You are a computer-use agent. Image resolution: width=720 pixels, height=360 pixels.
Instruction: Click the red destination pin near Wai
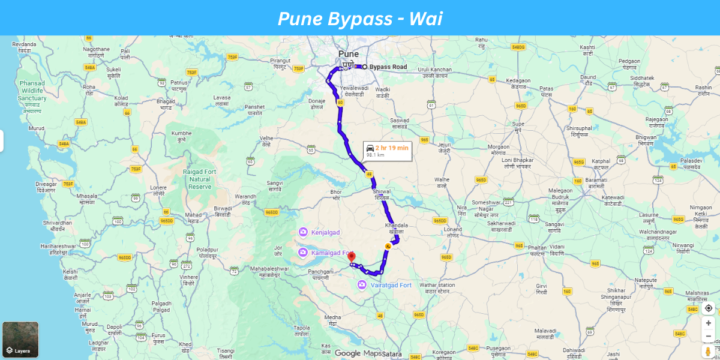tap(352, 257)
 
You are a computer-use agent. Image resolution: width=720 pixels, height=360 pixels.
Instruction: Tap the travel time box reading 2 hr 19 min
tap(387, 151)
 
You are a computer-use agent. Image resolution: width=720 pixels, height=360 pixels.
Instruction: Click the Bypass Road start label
tap(388, 67)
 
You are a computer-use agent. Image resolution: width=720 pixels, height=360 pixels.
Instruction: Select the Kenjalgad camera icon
tap(304, 232)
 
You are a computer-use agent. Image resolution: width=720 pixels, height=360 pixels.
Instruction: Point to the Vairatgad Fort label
tap(391, 285)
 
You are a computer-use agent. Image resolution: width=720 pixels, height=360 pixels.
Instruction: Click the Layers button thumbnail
tap(20, 340)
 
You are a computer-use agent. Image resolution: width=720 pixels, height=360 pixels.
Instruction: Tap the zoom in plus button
tap(708, 323)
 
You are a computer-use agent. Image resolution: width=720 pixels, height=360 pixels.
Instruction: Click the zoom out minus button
tap(708, 336)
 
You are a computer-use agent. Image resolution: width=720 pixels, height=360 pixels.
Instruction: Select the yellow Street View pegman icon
tap(708, 351)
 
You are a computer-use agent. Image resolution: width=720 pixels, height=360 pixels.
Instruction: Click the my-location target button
tap(708, 308)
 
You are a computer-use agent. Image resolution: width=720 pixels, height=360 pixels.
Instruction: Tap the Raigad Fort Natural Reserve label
tap(200, 179)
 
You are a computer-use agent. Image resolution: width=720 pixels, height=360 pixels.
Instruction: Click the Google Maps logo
tap(358, 353)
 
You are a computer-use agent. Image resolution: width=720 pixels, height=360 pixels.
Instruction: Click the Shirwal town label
tap(382, 191)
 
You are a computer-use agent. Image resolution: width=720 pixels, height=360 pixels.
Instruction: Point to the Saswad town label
tap(400, 121)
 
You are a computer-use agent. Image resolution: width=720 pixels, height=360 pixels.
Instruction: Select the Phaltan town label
tap(538, 247)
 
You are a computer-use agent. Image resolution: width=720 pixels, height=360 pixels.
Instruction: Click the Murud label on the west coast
tap(37, 128)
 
